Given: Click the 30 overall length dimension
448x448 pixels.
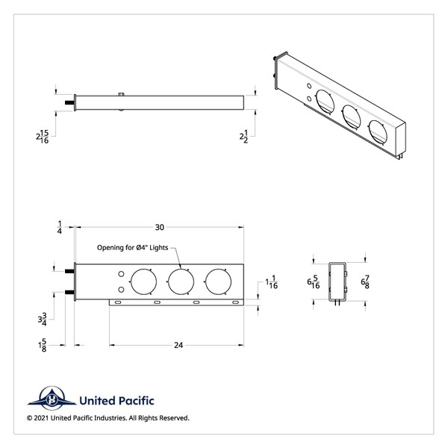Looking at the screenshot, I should (160, 226).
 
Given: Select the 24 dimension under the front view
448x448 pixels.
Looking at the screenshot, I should (178, 345).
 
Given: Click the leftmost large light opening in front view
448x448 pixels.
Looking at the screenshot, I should (143, 281).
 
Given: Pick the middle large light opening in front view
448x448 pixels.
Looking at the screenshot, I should (181, 281).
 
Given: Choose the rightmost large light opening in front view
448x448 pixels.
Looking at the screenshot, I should (219, 281).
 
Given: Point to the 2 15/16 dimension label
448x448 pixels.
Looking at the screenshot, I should (43, 137).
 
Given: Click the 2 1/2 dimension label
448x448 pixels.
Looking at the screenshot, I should (243, 137).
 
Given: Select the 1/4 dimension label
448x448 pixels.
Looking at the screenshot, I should (59, 227).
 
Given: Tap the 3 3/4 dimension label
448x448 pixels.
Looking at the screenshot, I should (43, 320).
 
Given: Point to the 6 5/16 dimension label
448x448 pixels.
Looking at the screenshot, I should (314, 282).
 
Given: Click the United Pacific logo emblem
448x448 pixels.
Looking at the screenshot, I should (53, 399).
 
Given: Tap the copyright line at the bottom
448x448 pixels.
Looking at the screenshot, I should (108, 418).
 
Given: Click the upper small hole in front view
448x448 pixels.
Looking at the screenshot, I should (120, 275).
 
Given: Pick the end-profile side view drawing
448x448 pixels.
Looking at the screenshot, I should (337, 282).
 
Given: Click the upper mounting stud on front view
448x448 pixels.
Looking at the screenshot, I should (70, 270).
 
